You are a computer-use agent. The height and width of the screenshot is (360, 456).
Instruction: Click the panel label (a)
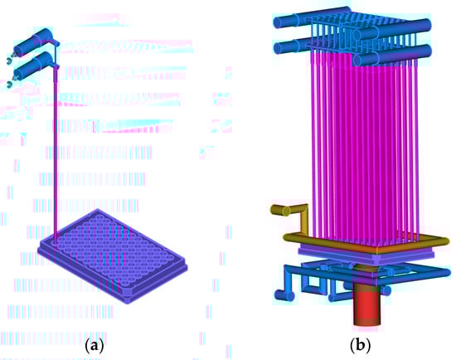coord(94,346)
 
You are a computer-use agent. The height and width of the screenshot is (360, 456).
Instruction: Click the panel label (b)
coord(361,345)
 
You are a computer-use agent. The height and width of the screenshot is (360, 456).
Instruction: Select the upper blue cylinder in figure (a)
coord(33,43)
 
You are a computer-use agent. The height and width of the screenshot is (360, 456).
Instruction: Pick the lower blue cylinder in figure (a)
coord(33,67)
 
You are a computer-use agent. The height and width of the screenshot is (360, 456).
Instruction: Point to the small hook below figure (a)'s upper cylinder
coord(10,61)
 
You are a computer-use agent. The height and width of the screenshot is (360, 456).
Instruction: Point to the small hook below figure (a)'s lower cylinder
coord(10,85)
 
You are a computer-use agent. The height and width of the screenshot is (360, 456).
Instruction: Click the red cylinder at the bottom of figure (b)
coord(367,309)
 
